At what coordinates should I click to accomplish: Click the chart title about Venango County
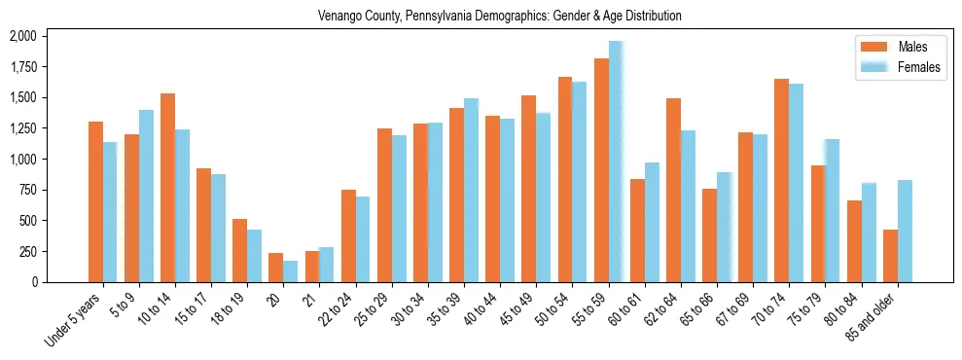tap(500, 17)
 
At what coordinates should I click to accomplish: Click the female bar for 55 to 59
tap(616, 162)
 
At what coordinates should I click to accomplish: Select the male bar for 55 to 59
tap(601, 170)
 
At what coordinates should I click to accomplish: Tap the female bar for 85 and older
tap(905, 231)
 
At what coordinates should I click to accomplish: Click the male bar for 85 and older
tap(890, 256)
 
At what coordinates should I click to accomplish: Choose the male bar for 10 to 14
tap(167, 188)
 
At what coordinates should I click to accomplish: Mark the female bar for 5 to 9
tap(146, 196)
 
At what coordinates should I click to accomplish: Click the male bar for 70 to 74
tap(781, 180)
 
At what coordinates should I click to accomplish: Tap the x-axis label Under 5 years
tap(74, 322)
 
